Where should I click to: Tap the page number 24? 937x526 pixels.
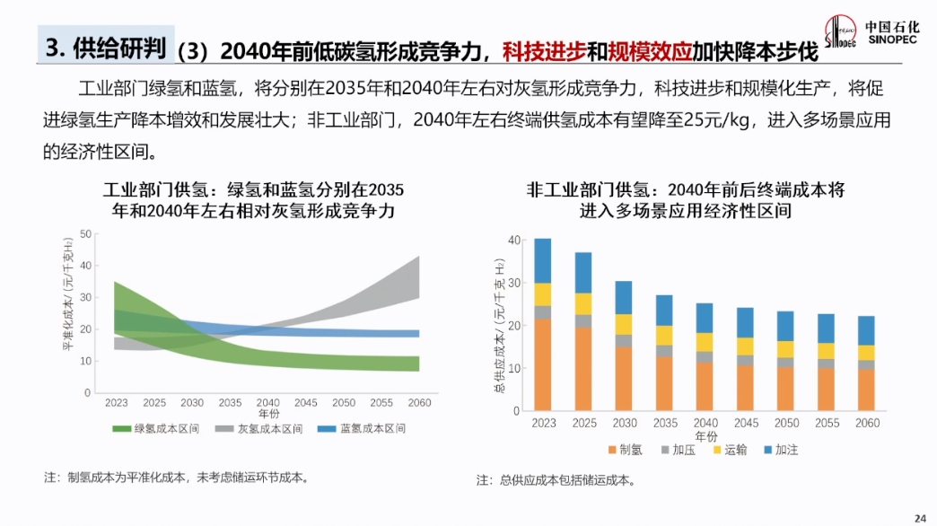click(x=919, y=518)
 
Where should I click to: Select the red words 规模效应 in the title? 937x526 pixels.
click(x=651, y=51)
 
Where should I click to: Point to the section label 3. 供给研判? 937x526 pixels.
click(x=106, y=47)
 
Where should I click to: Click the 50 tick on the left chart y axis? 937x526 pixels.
click(x=86, y=234)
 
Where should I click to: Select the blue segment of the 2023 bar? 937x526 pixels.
click(x=542, y=260)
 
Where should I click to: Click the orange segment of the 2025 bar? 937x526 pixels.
click(x=583, y=368)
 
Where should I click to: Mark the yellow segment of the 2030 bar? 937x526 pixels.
click(x=624, y=324)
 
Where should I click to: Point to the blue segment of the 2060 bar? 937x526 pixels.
click(x=866, y=330)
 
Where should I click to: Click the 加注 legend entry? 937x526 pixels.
click(x=780, y=450)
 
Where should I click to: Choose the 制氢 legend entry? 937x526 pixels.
click(x=625, y=450)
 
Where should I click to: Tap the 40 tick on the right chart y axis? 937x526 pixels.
click(x=513, y=241)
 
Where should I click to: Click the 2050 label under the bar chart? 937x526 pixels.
click(x=785, y=423)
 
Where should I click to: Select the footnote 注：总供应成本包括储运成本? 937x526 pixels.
click(x=556, y=481)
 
